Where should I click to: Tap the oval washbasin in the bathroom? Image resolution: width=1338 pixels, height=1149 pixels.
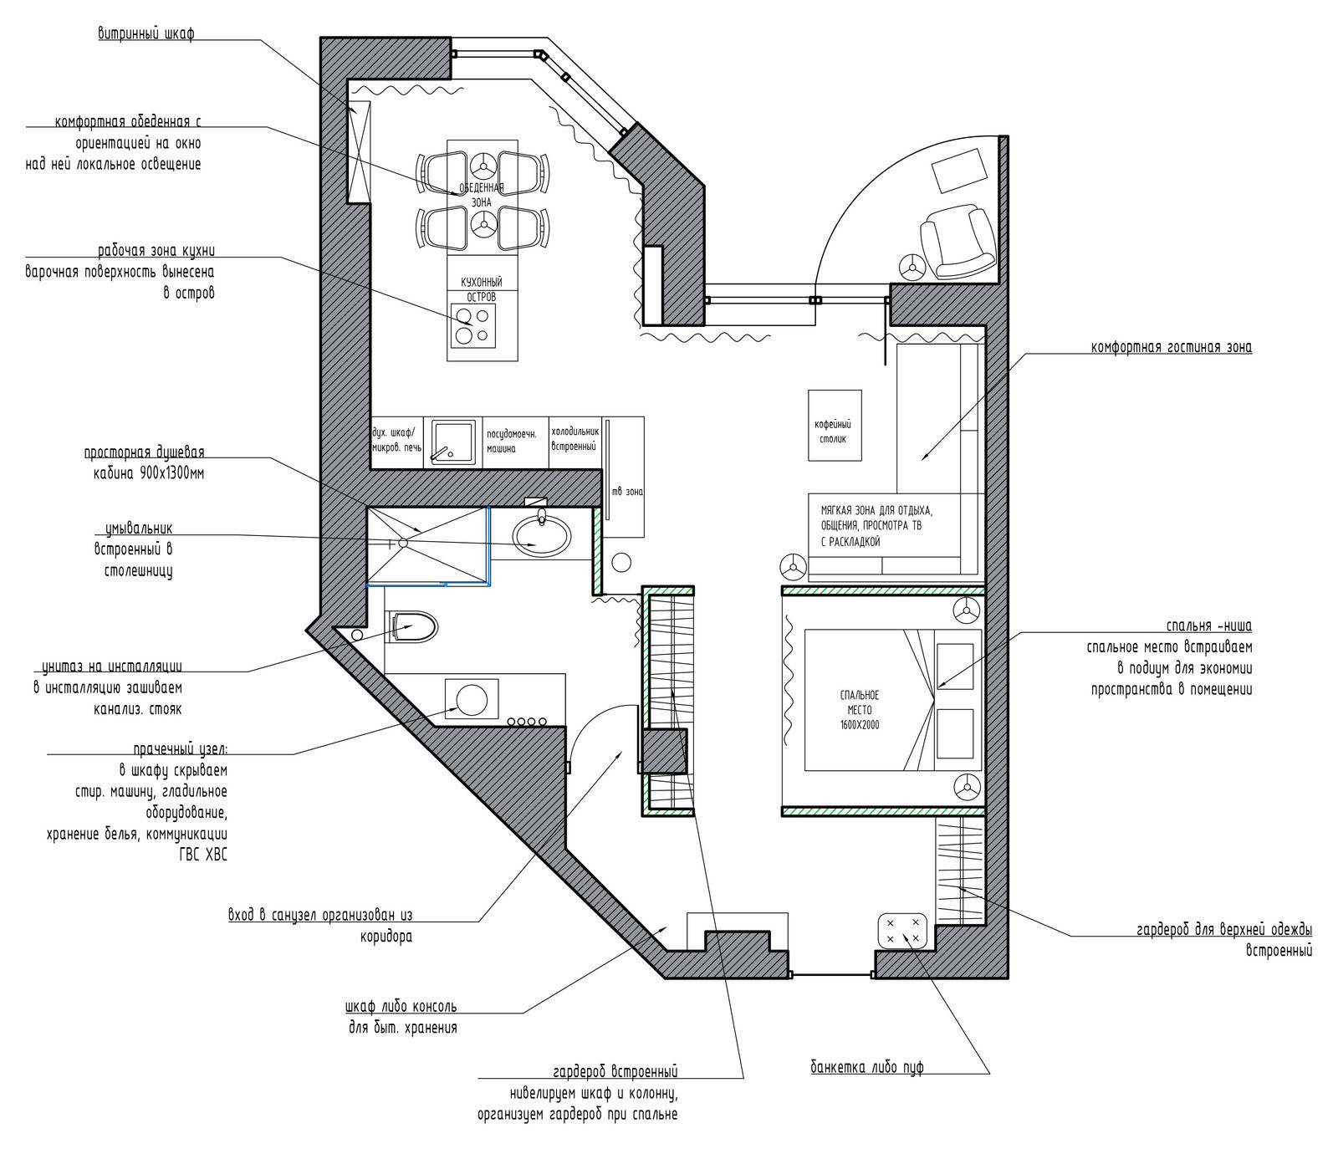(x=542, y=534)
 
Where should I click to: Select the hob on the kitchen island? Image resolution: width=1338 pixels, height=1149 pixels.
(x=473, y=325)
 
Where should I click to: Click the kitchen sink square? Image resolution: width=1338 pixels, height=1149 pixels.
(x=453, y=442)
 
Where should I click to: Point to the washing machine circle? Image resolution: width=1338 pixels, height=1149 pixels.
(x=472, y=698)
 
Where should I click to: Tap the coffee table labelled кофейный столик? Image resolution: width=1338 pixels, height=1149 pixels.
(x=835, y=425)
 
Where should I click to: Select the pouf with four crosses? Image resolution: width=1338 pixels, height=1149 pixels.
(x=903, y=931)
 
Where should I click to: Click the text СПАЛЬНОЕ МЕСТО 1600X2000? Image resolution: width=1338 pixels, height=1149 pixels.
(x=860, y=710)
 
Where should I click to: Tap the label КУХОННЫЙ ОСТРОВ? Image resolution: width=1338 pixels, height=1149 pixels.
(x=482, y=289)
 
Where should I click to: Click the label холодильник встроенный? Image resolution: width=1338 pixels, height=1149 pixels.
(x=575, y=439)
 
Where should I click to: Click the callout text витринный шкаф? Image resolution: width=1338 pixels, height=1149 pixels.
(x=146, y=34)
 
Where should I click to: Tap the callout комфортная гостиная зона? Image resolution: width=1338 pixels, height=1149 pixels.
(x=1172, y=347)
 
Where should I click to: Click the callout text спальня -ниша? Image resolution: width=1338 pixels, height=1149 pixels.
(x=1209, y=626)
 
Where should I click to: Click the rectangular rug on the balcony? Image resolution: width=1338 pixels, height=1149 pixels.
(x=958, y=171)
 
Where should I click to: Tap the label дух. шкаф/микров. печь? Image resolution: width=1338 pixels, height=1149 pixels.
(x=396, y=440)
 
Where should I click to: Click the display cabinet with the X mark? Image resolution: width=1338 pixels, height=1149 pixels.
(x=360, y=151)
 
